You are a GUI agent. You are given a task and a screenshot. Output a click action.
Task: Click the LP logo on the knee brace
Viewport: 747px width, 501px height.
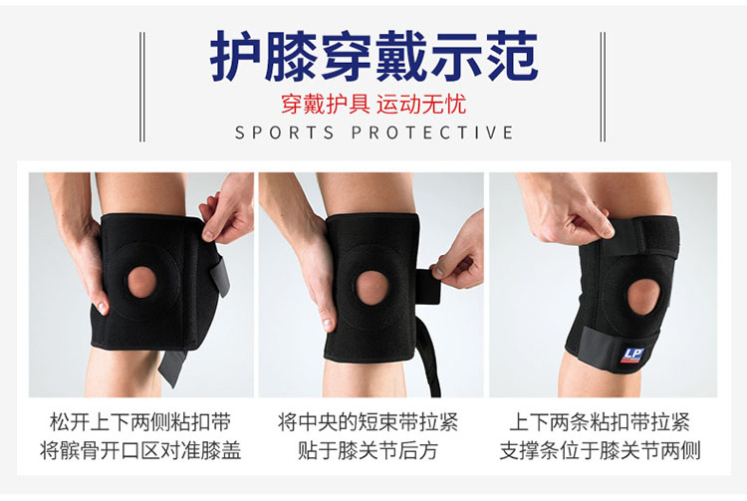pyautogui.click(x=632, y=356)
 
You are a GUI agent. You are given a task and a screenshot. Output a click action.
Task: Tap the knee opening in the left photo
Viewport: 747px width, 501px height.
pyautogui.click(x=142, y=282)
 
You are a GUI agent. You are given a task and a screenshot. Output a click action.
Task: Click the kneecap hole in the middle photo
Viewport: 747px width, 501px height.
pyautogui.click(x=373, y=288)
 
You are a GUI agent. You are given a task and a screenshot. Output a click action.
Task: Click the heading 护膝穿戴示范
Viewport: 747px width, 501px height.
pyautogui.click(x=373, y=56)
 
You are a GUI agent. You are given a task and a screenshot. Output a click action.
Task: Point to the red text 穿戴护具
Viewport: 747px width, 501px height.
pyautogui.click(x=326, y=105)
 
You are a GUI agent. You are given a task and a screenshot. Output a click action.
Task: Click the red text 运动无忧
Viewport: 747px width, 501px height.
pyautogui.click(x=421, y=105)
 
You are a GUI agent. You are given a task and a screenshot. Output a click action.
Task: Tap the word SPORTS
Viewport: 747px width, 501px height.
pyautogui.click(x=285, y=132)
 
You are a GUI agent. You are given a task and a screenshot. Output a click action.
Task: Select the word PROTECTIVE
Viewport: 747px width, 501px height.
pyautogui.click(x=432, y=132)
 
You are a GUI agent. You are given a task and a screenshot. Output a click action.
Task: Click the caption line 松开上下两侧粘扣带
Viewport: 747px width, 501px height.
pyautogui.click(x=140, y=422)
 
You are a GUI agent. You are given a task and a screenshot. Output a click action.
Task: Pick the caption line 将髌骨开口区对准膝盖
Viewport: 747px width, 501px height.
pyautogui.click(x=140, y=450)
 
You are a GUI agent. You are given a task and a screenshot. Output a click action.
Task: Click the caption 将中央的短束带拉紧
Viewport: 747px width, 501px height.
pyautogui.click(x=368, y=422)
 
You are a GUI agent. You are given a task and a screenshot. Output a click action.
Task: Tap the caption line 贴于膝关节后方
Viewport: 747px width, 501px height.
pyautogui.click(x=368, y=450)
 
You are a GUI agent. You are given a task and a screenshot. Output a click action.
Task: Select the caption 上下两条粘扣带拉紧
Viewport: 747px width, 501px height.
pyautogui.click(x=600, y=422)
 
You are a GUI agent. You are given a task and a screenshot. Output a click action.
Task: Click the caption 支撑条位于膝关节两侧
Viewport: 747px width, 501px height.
pyautogui.click(x=600, y=450)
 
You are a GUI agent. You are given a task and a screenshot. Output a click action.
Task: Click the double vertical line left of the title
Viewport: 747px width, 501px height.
pyautogui.click(x=142, y=87)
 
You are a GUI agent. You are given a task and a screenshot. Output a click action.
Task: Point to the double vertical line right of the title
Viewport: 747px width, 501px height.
pyautogui.click(x=603, y=87)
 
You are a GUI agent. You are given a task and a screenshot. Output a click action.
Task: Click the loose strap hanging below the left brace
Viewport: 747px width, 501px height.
pyautogui.click(x=171, y=368)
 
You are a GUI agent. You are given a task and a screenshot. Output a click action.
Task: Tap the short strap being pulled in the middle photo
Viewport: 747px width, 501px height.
pyautogui.click(x=428, y=286)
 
